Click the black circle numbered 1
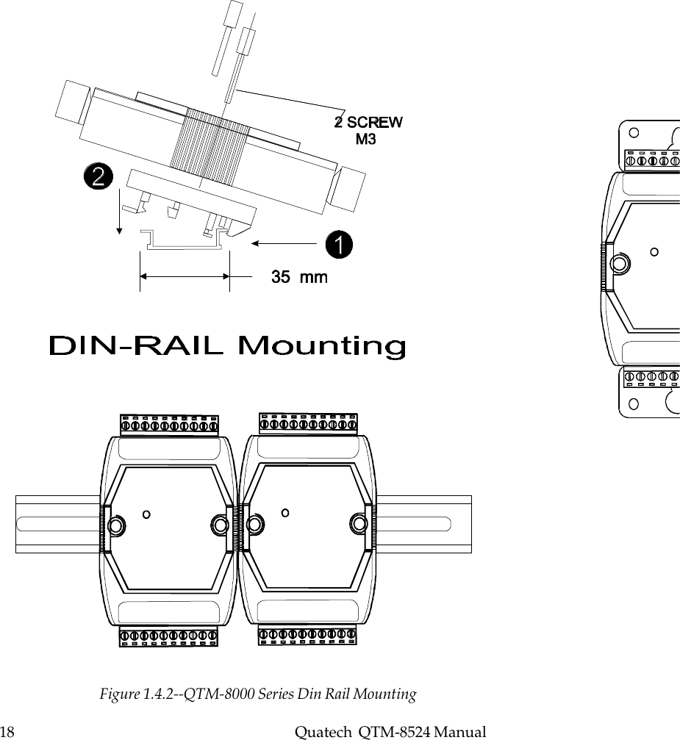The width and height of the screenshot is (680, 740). click(338, 245)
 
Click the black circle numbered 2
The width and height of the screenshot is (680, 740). click(98, 177)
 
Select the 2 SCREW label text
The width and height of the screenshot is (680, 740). click(369, 122)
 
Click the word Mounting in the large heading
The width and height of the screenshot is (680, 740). click(323, 347)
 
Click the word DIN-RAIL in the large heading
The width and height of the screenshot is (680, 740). click(135, 346)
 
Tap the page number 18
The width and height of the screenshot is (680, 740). click(8, 732)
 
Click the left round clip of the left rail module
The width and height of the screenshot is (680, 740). click(115, 525)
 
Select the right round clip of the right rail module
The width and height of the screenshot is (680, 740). click(358, 523)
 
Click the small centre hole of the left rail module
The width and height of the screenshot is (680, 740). click(147, 514)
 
